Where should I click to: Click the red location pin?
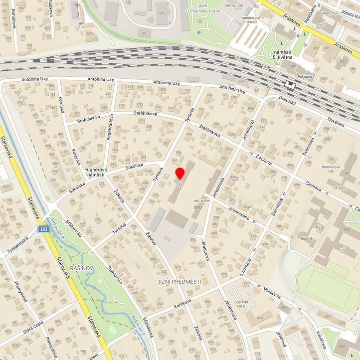pyautogui.click(x=180, y=173)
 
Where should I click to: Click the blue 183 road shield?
pyautogui.click(x=43, y=228)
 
